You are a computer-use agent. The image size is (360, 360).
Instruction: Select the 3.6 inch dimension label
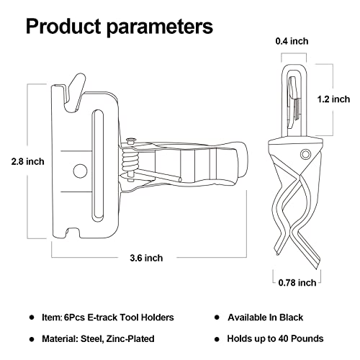pos(147,257)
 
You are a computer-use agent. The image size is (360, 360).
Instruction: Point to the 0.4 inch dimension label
pos(293,41)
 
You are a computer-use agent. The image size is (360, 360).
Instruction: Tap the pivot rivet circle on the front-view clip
pos(306,153)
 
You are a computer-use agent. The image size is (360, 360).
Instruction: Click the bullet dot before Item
pos(32,318)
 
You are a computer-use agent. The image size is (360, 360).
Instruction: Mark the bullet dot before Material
pos(32,338)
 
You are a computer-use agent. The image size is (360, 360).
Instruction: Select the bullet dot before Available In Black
pos(217,318)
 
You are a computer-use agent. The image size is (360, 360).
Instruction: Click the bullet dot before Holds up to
pos(217,338)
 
